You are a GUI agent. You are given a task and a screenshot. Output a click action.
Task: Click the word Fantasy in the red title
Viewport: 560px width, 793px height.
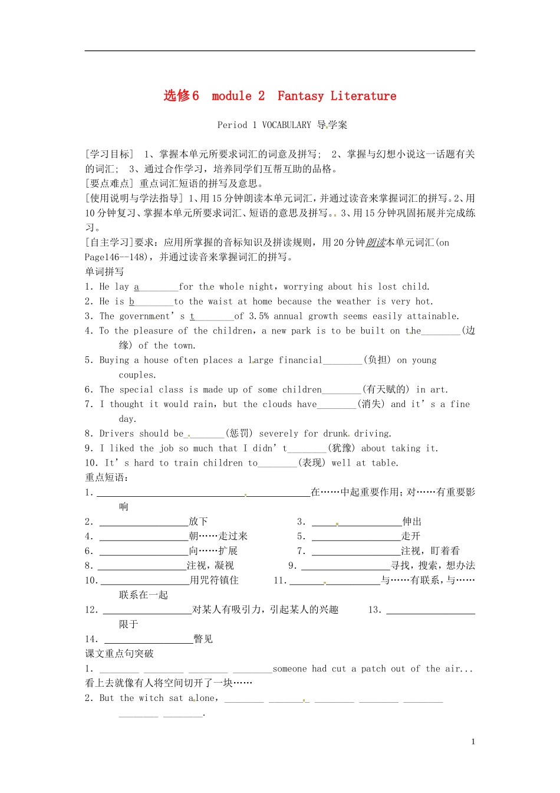point(301,96)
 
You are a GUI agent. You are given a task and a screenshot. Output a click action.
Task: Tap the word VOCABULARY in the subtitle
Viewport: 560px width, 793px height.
point(286,125)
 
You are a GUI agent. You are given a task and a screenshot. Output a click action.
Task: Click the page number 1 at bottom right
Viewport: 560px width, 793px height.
point(473,742)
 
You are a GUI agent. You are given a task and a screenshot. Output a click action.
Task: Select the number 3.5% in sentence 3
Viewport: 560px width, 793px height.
point(259,316)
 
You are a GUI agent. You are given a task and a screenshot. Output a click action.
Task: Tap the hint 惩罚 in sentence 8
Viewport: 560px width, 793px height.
point(239,434)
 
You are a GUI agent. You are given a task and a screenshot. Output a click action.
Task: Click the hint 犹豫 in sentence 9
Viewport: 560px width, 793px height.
point(341,448)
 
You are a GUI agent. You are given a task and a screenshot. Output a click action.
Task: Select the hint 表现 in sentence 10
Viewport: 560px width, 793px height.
point(312,463)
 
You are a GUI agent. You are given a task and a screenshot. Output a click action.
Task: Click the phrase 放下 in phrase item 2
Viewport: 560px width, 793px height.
point(198,522)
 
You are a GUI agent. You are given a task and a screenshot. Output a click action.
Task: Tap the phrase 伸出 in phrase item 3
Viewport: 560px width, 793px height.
point(411,522)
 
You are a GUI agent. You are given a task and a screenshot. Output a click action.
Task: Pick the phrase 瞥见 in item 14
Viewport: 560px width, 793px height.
point(203,639)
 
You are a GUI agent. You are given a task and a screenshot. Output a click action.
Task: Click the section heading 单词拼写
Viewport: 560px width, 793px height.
point(104,272)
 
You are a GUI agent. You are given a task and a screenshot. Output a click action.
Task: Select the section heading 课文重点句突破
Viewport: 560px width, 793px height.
point(119,654)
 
